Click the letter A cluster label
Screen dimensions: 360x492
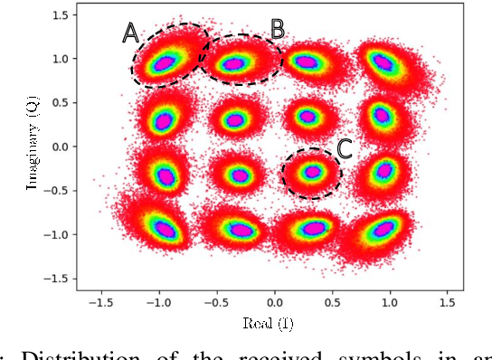click(x=131, y=33)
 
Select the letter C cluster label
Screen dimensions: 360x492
click(x=345, y=148)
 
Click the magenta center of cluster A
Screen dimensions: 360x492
click(x=165, y=63)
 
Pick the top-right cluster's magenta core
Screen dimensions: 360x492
click(x=383, y=63)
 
